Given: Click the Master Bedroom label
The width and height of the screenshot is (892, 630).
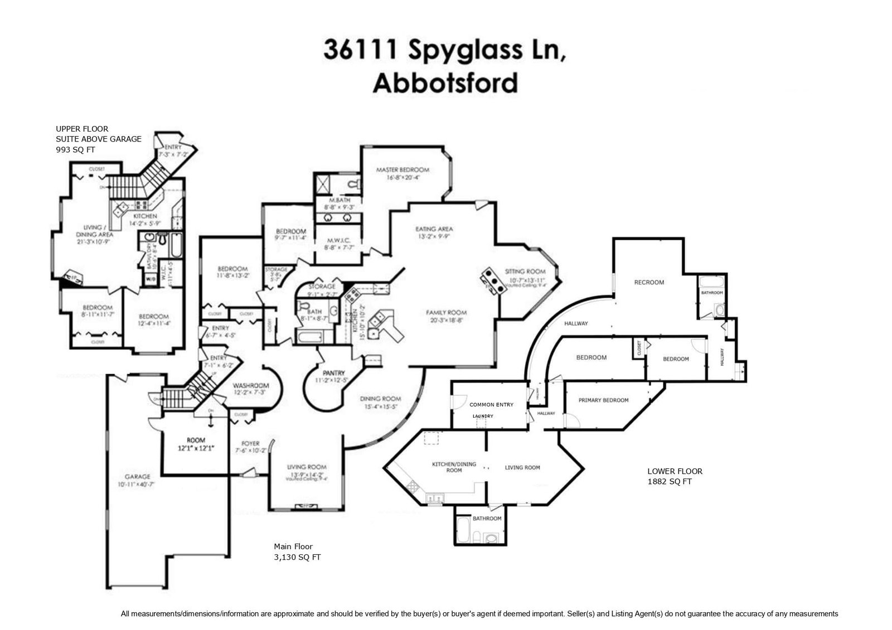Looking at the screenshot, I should click(403, 170).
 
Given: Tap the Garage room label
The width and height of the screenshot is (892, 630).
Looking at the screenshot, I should click(137, 477).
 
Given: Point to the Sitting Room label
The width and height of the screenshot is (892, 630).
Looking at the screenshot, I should click(525, 272).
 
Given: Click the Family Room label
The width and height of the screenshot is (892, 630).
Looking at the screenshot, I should click(446, 313).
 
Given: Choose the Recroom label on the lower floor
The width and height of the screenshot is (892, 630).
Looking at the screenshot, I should click(649, 282).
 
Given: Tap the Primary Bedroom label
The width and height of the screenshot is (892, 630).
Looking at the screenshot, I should click(603, 400).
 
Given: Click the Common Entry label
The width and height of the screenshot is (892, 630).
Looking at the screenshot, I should click(491, 405).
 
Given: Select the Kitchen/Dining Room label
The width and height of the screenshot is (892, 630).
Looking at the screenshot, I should click(454, 467).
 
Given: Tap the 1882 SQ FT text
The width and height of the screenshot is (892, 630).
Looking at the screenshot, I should click(669, 482).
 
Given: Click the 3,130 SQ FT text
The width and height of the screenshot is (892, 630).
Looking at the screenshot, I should click(297, 557).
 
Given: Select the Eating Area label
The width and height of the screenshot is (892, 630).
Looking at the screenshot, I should click(434, 229).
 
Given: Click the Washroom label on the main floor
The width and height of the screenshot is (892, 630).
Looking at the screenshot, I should click(250, 386).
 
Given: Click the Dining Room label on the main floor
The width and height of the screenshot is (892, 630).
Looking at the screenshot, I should click(380, 399).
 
